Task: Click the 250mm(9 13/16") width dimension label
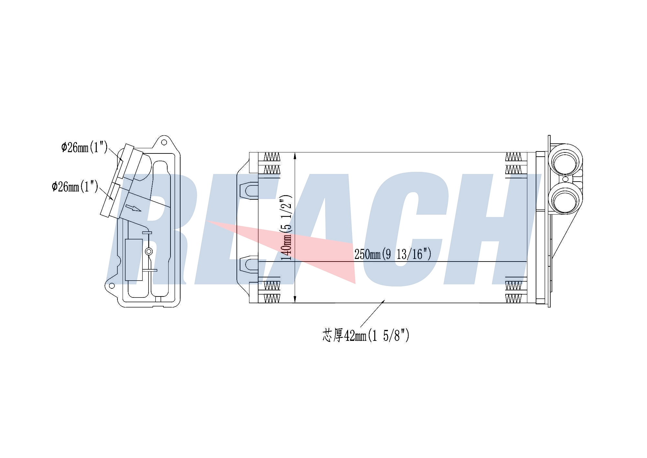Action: pyautogui.click(x=393, y=254)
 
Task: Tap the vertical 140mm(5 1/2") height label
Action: pyautogui.click(x=287, y=228)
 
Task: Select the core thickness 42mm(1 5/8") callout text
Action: pyautogui.click(x=366, y=336)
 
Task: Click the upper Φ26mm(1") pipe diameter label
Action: pyautogui.click(x=84, y=148)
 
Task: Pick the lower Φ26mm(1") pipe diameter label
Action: pyautogui.click(x=75, y=186)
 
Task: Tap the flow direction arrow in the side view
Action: pyautogui.click(x=133, y=208)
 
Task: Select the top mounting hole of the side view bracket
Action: pyautogui.click(x=164, y=142)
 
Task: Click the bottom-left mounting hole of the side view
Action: pyautogui.click(x=112, y=285)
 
